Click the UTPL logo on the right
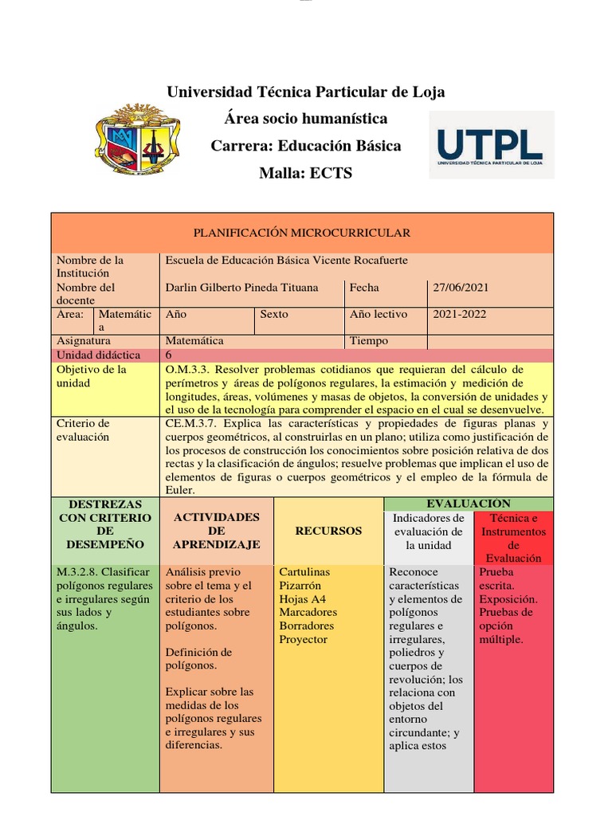point(490,145)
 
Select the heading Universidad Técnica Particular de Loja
point(305,92)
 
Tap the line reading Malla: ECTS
point(305,174)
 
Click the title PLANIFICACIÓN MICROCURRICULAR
point(302,233)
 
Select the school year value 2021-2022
point(460,315)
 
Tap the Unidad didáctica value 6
point(169,355)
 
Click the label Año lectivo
point(378,315)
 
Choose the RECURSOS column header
point(328,531)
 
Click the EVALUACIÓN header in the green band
point(469,504)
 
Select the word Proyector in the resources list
point(303,639)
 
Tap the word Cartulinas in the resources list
point(304,572)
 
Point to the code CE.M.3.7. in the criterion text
point(192,423)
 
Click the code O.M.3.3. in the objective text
point(188,370)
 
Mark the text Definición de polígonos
point(198,659)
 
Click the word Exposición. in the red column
point(508,598)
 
